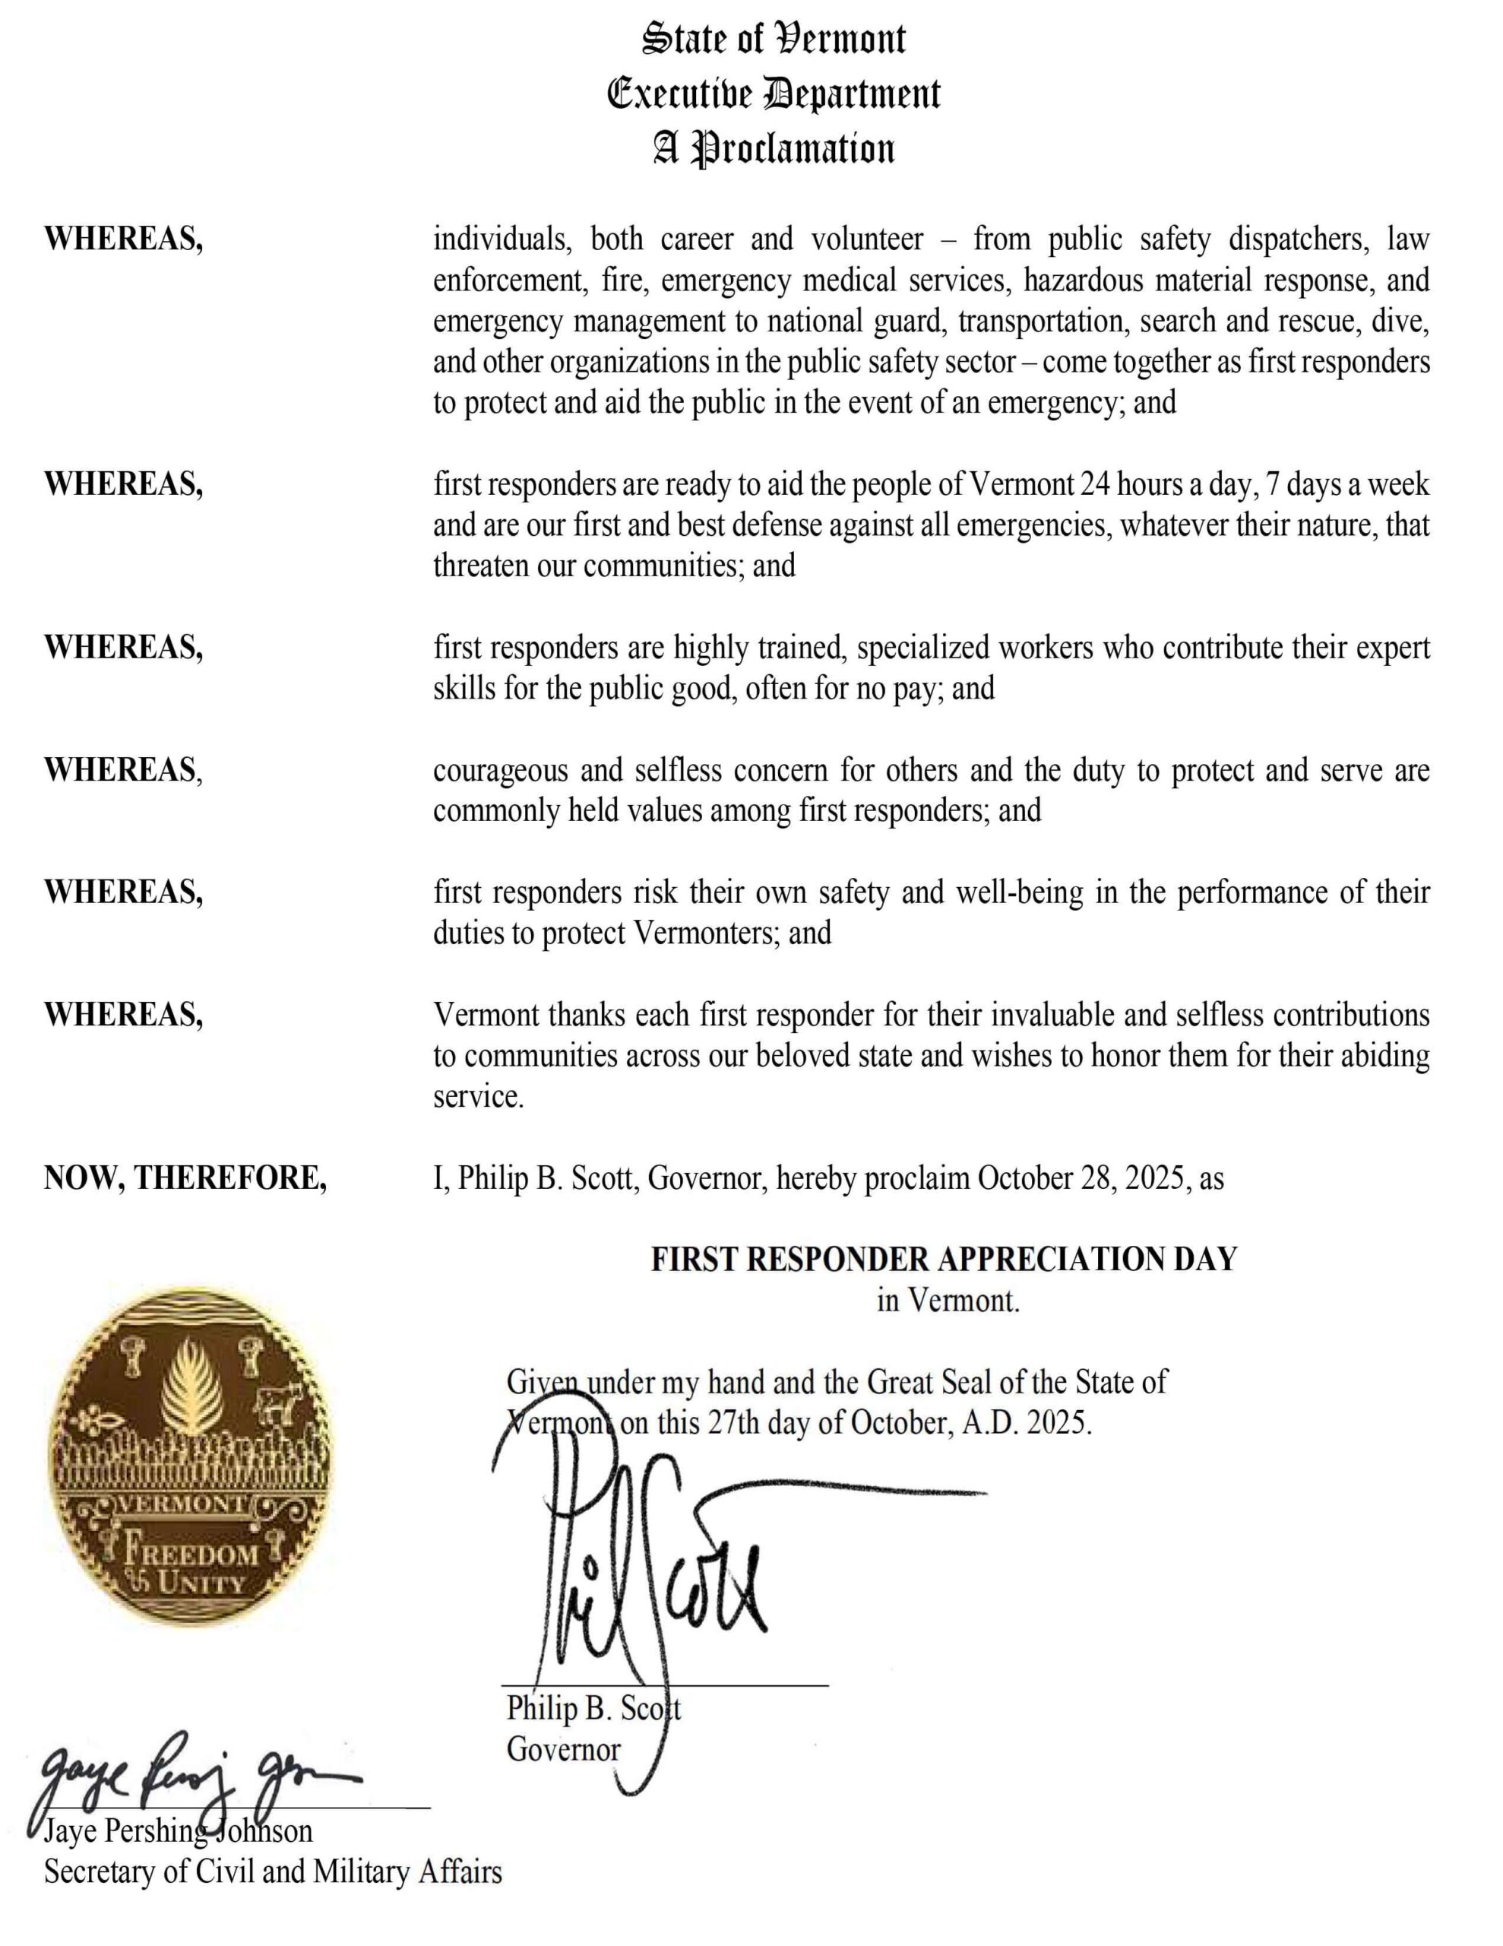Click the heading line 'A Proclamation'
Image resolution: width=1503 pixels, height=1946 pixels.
(x=774, y=149)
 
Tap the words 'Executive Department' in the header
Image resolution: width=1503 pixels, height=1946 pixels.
(x=774, y=94)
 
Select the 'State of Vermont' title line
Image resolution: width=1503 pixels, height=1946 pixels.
(x=774, y=40)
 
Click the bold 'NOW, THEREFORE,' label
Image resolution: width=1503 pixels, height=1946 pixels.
(x=185, y=1178)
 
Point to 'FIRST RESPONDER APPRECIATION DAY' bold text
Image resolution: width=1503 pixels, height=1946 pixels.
(x=945, y=1259)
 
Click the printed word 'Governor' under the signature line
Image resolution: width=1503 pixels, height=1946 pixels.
(x=563, y=1749)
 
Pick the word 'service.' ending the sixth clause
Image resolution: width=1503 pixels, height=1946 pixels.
(x=479, y=1097)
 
